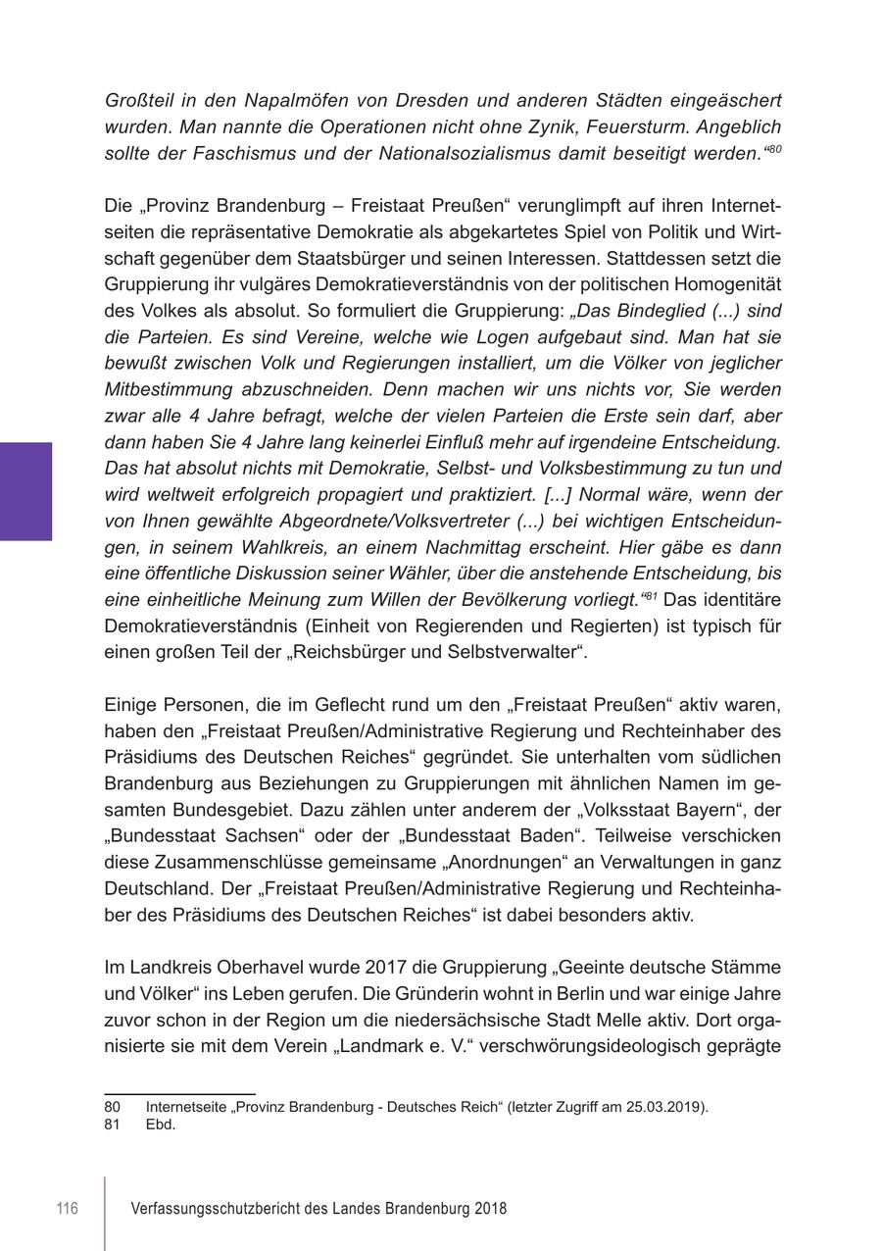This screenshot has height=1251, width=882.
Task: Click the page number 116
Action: click(67, 1209)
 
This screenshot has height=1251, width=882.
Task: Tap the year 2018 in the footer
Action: click(490, 1209)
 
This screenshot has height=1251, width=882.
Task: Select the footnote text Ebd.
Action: click(160, 1125)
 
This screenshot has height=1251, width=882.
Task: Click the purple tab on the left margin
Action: click(25, 491)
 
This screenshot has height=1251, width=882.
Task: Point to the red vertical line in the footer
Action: click(105, 1213)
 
